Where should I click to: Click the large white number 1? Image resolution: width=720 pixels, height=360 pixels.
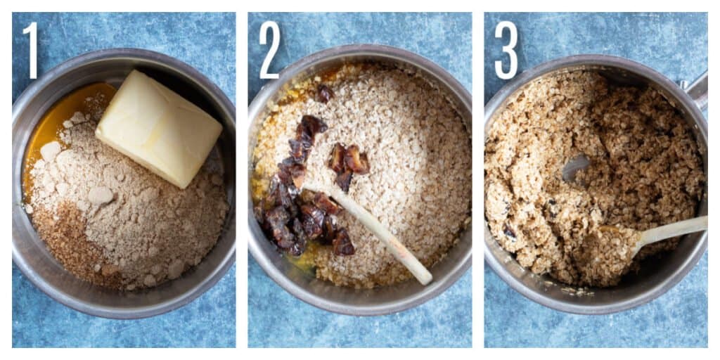[x=31, y=50]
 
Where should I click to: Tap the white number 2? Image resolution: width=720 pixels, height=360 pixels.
[x=269, y=50]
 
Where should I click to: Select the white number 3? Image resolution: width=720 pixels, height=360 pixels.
[x=506, y=50]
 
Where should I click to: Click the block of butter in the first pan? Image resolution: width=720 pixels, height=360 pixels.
[x=158, y=129]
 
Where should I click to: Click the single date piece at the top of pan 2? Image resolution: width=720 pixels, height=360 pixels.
[x=325, y=94]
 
